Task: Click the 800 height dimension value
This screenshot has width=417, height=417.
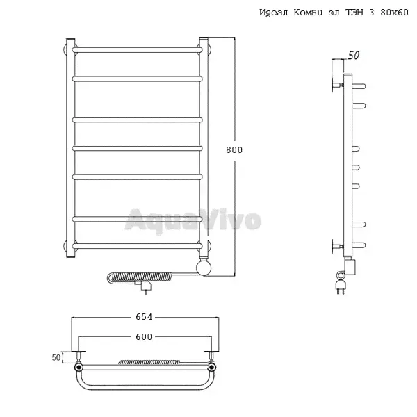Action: click(234, 149)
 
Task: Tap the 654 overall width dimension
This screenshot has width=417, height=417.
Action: click(144, 317)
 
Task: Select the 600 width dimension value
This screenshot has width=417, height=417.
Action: click(144, 336)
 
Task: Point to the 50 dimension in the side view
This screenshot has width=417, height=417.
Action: click(354, 56)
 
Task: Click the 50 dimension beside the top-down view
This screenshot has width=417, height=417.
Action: click(56, 358)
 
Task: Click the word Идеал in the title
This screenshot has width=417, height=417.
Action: click(274, 13)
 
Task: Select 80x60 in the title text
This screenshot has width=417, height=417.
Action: click(394, 13)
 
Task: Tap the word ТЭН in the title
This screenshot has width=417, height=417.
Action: click(354, 13)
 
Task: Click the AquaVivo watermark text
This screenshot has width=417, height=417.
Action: click(193, 220)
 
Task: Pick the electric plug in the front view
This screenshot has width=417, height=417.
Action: click(145, 286)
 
